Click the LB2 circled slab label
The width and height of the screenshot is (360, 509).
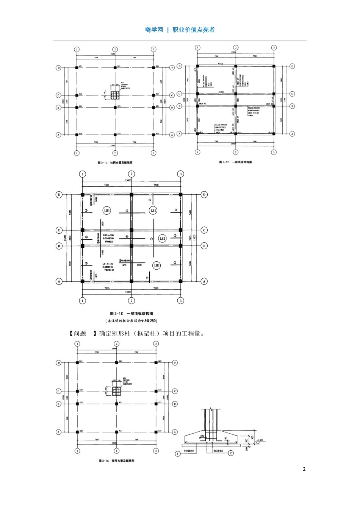[162, 238]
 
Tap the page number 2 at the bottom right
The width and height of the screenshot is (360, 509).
[304, 469]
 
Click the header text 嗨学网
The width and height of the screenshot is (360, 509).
[154, 30]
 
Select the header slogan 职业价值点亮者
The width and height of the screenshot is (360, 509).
[194, 30]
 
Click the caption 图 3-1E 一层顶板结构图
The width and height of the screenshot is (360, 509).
[131, 314]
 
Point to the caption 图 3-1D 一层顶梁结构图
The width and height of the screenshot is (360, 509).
[235, 162]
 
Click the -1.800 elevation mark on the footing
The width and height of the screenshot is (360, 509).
[260, 440]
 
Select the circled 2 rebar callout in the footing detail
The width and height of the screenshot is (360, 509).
[231, 453]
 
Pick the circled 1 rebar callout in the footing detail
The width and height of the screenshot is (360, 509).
[178, 453]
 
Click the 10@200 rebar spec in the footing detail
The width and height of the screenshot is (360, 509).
[218, 451]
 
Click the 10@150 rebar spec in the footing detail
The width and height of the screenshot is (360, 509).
[189, 451]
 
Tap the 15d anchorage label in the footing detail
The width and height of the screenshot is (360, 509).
[201, 436]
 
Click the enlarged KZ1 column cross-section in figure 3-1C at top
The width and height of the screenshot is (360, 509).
[115, 95]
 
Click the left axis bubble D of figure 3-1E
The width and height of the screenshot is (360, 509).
[59, 195]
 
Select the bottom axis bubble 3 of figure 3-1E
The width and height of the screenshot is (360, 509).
[181, 300]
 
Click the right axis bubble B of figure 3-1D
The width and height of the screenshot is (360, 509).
[292, 106]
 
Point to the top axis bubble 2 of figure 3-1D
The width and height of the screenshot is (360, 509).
[236, 48]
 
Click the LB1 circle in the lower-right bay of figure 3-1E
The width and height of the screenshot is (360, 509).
[157, 265]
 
